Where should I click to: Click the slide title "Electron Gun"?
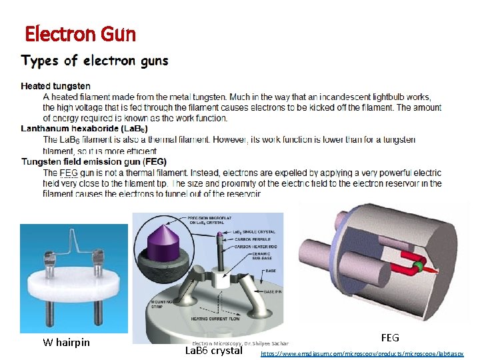80,33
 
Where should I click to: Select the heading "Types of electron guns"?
95,61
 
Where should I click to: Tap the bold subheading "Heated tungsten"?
56,86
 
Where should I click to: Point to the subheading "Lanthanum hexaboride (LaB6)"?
85,129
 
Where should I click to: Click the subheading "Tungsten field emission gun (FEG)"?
94,162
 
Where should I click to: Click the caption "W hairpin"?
67,343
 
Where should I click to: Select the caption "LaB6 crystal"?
213,351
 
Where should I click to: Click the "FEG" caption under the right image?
390,338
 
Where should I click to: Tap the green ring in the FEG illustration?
417,267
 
